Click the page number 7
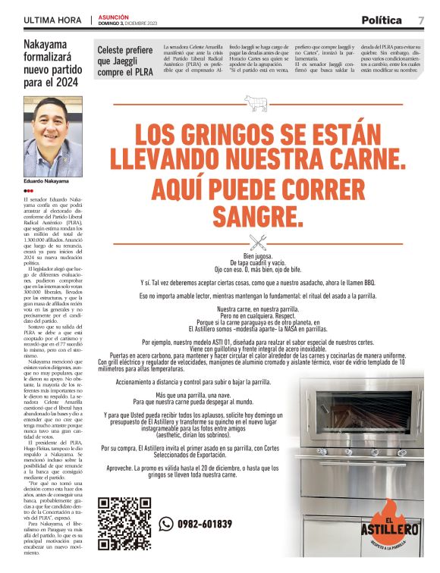click(x=420, y=20)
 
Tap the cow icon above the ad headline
click(x=251, y=102)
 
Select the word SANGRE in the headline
click(x=257, y=215)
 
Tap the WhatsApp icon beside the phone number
click(x=166, y=523)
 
